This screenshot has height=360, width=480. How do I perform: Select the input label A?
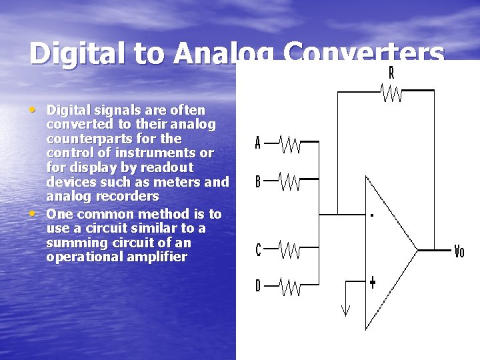(x=258, y=143)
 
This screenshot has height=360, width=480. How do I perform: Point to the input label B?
(x=258, y=181)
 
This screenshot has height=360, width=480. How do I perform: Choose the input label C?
(x=258, y=250)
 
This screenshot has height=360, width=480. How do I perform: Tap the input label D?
(x=258, y=286)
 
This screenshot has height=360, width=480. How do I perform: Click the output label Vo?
(x=459, y=251)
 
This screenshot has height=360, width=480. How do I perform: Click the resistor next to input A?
(x=289, y=143)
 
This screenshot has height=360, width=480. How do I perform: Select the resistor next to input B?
(x=289, y=181)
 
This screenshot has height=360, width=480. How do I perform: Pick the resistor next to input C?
(x=289, y=250)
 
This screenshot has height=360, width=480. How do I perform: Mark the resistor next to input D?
(x=289, y=286)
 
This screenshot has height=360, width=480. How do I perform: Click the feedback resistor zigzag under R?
(x=391, y=92)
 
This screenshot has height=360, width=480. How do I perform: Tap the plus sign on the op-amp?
(x=372, y=282)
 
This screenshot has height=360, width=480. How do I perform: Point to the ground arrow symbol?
(x=345, y=309)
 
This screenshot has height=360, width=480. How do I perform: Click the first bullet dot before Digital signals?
(x=33, y=109)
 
